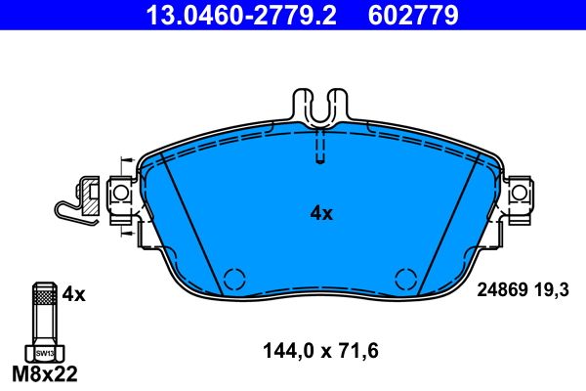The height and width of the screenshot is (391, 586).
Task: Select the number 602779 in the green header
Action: (x=412, y=16)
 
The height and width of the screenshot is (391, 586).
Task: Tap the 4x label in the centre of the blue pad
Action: (x=321, y=212)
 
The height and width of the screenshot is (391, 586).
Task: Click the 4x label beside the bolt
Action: (x=74, y=293)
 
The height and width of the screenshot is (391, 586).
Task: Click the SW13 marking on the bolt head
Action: (x=42, y=351)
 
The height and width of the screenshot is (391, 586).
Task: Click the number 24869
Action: (x=502, y=290)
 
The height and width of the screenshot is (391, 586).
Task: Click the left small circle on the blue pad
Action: (x=234, y=279)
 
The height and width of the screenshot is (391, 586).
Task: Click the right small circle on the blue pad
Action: (x=405, y=279)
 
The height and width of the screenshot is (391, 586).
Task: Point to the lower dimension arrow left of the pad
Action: (x=126, y=233)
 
